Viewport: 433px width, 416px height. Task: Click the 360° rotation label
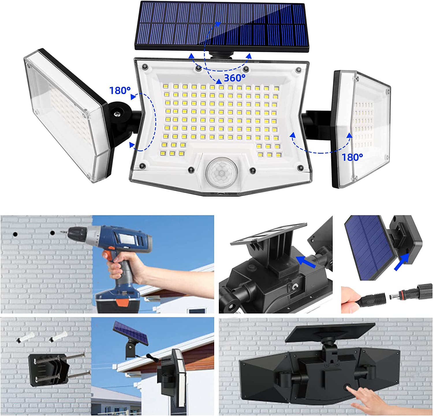pyautogui.click(x=234, y=78)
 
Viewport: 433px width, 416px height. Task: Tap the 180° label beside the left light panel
pyautogui.click(x=120, y=91)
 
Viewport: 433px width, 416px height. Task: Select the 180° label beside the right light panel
pyautogui.click(x=352, y=157)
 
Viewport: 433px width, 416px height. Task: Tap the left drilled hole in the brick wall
pyautogui.click(x=15, y=234)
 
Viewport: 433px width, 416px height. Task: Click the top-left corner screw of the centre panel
pyautogui.click(x=145, y=67)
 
